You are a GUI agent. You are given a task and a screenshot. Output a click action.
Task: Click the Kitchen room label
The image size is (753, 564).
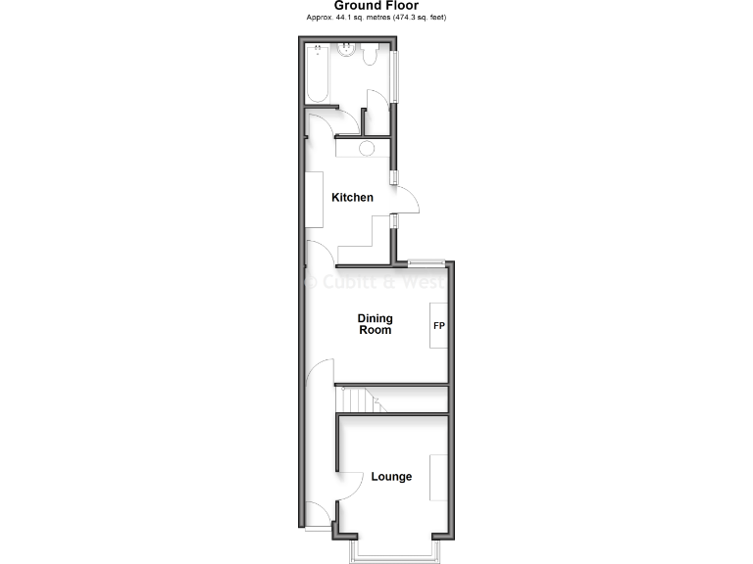tap(352, 198)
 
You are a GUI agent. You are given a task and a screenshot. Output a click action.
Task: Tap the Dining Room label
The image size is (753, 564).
tap(375, 324)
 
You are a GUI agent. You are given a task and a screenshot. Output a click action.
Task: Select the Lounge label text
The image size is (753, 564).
tap(391, 477)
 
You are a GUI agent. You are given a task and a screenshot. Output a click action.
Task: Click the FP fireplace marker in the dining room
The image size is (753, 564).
tap(438, 325)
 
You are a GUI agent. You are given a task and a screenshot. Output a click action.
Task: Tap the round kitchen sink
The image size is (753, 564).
tap(366, 149)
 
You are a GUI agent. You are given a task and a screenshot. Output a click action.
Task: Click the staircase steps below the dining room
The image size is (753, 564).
tap(355, 399)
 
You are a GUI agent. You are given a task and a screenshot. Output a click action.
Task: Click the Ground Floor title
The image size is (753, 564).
tap(376, 6)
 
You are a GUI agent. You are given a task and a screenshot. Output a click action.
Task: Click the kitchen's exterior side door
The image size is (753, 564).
tap(406, 201)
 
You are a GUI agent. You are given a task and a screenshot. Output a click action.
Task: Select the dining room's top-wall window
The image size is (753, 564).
tap(425, 262)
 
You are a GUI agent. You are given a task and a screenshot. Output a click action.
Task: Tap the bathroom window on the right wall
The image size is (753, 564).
tap(394, 73)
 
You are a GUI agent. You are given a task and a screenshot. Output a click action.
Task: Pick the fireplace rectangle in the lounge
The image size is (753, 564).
tap(438, 477)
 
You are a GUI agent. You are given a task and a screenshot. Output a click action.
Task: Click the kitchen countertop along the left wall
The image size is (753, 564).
tap(316, 201)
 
